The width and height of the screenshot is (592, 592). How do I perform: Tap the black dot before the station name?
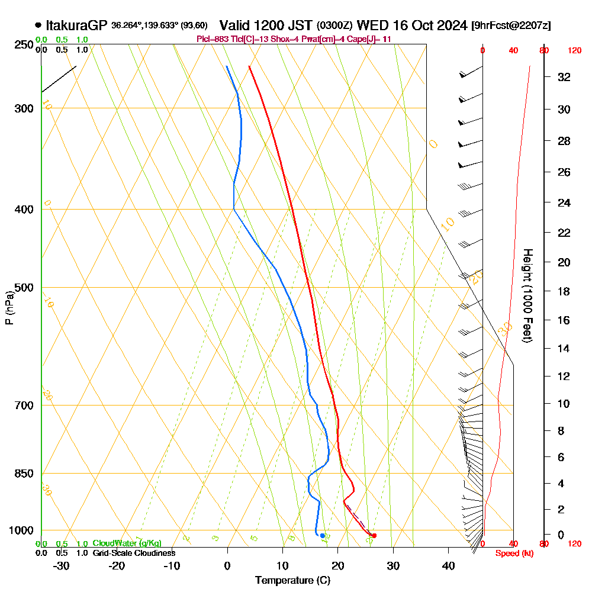(38, 25)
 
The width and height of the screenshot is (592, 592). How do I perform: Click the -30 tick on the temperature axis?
(62, 566)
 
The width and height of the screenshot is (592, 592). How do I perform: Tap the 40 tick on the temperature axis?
(448, 566)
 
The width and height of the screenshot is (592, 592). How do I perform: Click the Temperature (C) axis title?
(292, 581)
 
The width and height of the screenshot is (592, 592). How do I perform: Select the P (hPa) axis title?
(9, 308)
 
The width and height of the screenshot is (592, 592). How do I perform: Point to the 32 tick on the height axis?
(564, 77)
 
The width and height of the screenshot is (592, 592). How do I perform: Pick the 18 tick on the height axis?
(564, 291)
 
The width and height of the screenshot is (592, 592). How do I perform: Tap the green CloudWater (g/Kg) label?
(127, 543)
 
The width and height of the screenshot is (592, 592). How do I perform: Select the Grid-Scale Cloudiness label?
(134, 553)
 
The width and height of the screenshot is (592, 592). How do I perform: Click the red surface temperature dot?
(374, 536)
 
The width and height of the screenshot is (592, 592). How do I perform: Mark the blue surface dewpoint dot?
(322, 535)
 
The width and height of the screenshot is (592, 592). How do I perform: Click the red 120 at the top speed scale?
(574, 51)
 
